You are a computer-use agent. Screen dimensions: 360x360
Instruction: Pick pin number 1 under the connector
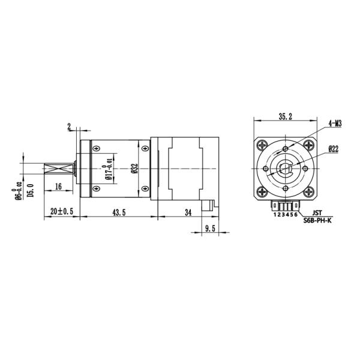275,214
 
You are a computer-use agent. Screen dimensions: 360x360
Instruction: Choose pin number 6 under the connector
296,214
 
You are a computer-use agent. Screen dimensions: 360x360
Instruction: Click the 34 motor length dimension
188,212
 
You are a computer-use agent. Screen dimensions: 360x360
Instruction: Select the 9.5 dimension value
210,229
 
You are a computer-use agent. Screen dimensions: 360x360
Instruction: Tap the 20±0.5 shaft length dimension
61,212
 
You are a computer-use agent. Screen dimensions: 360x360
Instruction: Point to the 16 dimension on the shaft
59,187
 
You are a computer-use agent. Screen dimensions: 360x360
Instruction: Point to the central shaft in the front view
286,169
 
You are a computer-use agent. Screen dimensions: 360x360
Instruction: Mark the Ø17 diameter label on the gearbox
109,169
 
